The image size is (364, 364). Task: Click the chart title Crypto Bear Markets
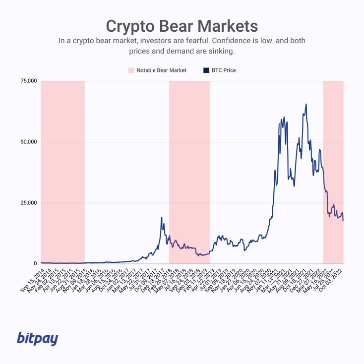(182, 26)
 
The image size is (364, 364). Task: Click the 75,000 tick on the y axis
(29, 81)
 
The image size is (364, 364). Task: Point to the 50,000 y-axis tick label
(29, 142)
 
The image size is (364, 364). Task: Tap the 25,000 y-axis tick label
(29, 203)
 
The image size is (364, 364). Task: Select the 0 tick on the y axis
(35, 264)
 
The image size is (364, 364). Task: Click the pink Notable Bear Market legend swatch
(131, 70)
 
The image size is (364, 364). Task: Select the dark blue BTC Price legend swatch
(206, 70)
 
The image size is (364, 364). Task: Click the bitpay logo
(38, 339)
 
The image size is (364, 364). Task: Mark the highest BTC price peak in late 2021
(306, 104)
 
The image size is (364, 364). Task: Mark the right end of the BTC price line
(343, 221)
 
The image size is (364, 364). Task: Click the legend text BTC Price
(224, 70)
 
